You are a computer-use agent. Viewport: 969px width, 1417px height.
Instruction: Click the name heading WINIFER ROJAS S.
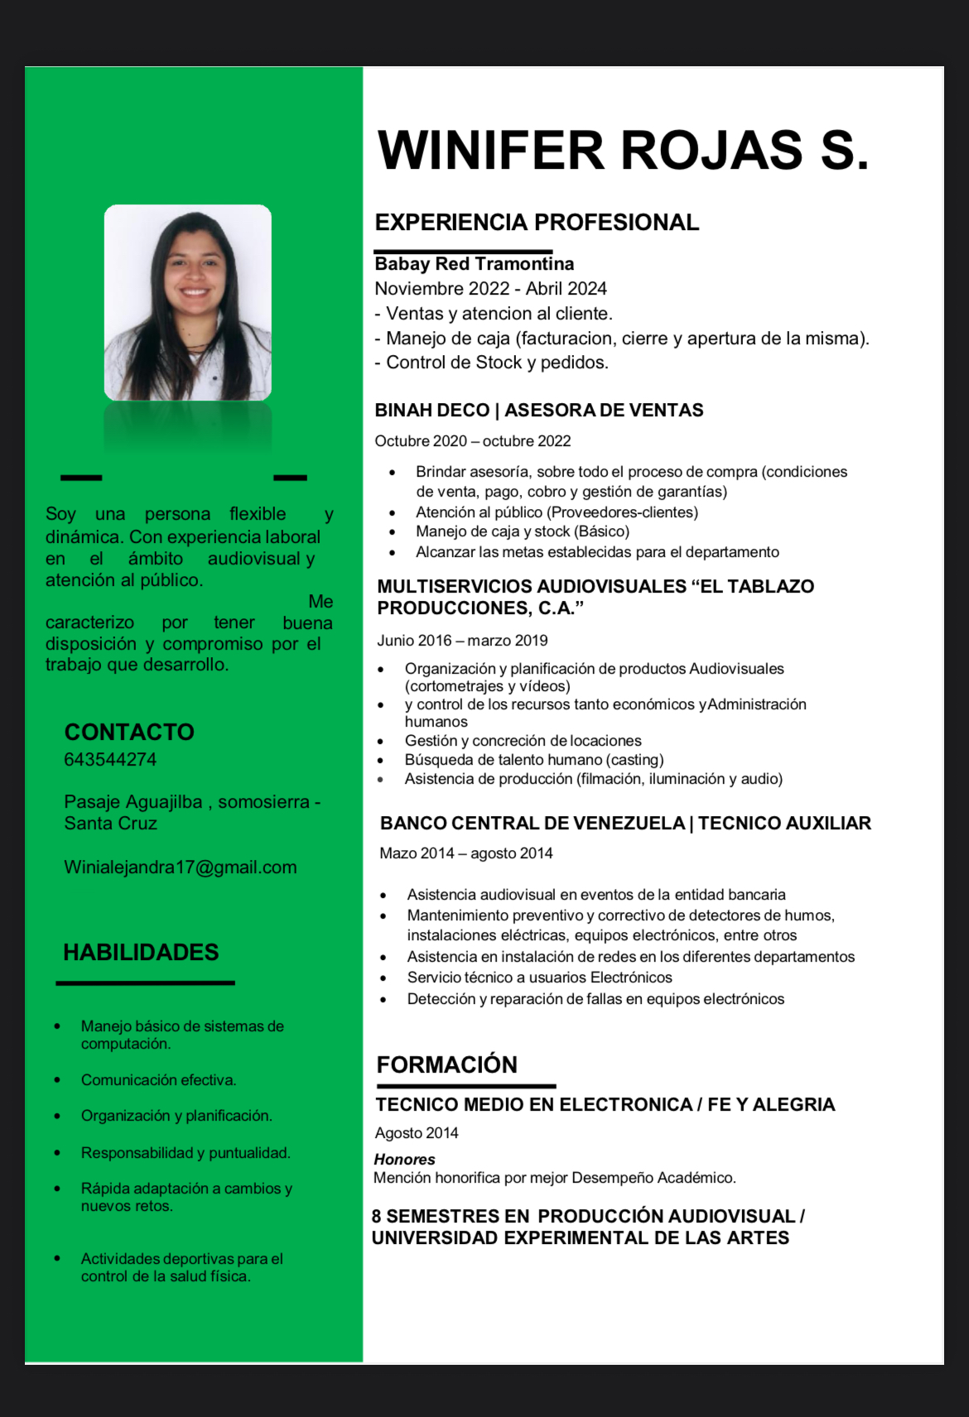[x=623, y=151]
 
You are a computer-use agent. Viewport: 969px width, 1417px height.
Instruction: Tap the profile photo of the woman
[x=188, y=303]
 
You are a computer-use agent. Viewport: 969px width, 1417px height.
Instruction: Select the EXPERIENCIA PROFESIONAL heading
[x=537, y=223]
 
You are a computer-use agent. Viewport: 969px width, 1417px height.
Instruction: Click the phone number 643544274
[x=110, y=760]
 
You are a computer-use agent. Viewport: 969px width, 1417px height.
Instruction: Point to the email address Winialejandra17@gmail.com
[x=181, y=867]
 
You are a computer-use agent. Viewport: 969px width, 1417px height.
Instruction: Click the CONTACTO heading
[x=129, y=733]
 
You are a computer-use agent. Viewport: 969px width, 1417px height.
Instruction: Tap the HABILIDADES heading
[x=141, y=953]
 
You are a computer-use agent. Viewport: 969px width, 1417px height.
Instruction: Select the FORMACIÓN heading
[x=446, y=1065]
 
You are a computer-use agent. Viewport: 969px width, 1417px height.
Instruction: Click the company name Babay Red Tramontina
[x=474, y=264]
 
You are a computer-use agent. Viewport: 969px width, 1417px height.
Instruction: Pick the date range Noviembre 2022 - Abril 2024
[x=490, y=289]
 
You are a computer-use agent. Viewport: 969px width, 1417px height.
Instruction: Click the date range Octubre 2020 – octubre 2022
[x=473, y=441]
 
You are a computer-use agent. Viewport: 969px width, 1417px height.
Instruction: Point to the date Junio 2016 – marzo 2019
[x=462, y=641]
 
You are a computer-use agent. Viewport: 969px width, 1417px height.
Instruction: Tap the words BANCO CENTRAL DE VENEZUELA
[x=532, y=824]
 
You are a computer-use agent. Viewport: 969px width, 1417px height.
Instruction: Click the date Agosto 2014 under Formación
[x=417, y=1133]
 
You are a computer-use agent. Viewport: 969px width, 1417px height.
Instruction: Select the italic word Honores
[x=404, y=1160]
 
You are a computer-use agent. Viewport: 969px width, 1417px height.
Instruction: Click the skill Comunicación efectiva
[x=158, y=1080]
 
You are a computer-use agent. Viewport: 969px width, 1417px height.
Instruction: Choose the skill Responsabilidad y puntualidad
[x=186, y=1153]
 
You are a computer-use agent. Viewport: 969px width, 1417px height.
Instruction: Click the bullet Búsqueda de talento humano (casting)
[x=534, y=760]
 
